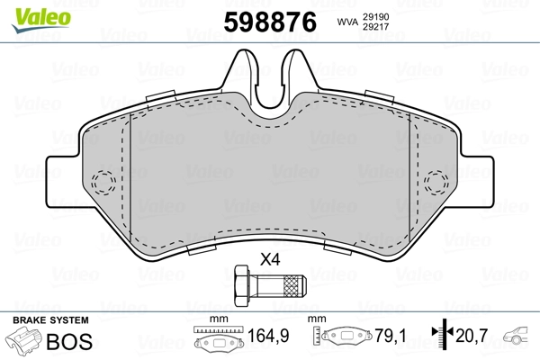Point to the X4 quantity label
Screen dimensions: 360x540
(x=269, y=260)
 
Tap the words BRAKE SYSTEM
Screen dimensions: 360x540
(x=50, y=319)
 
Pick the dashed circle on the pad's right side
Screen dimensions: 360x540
(x=437, y=180)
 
